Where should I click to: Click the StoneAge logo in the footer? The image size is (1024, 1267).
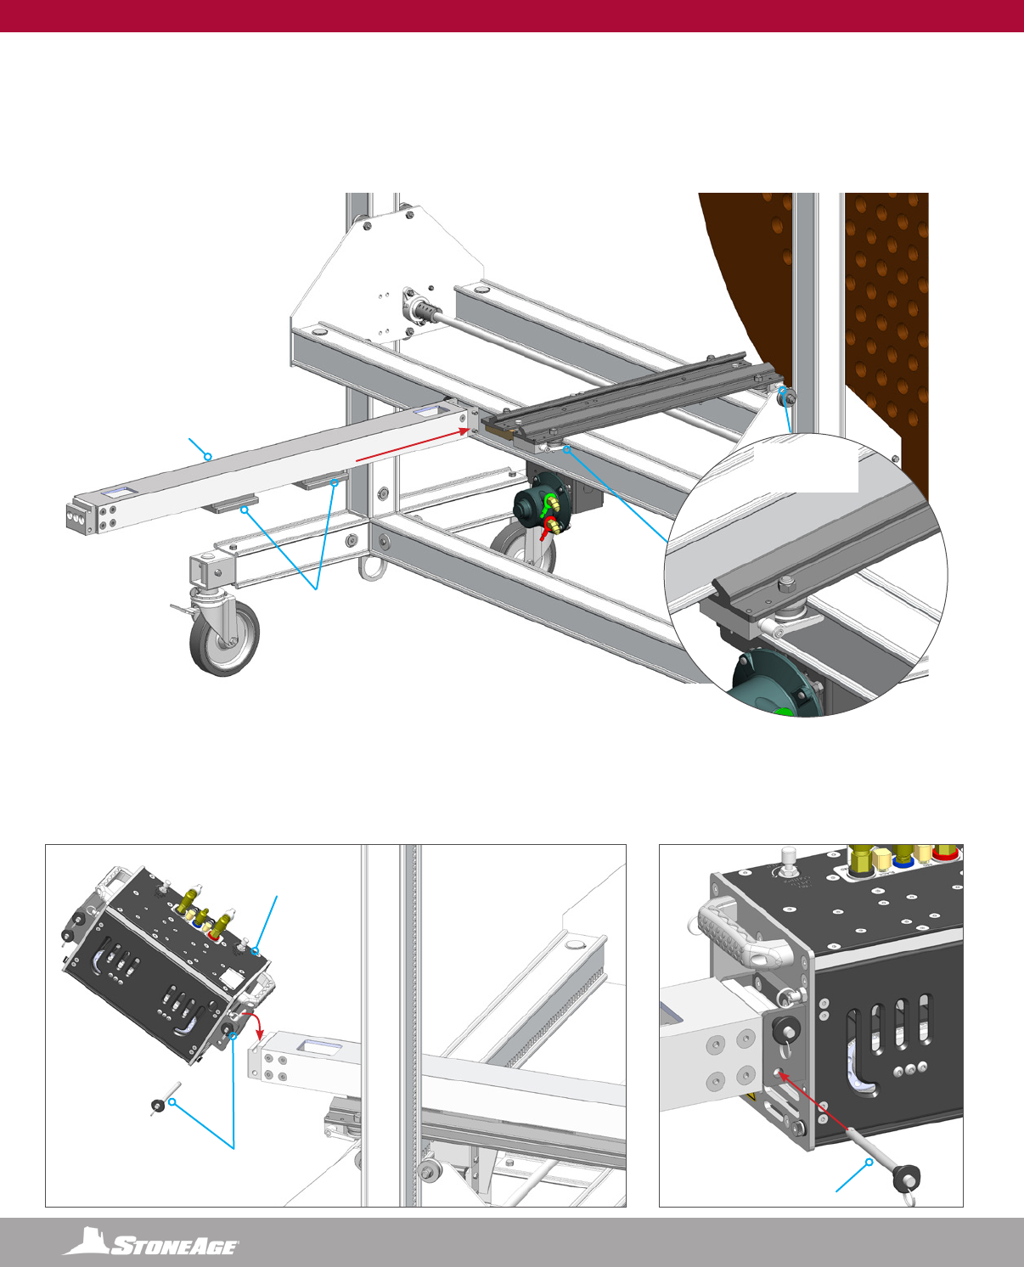tap(151, 1241)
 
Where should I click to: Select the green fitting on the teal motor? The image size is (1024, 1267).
tap(551, 504)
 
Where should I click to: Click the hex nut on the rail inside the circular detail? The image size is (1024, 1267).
tap(786, 585)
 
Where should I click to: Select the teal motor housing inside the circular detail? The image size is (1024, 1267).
tap(777, 683)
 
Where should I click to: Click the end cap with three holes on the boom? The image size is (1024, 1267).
tap(80, 516)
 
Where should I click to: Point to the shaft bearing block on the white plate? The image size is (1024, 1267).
tap(419, 310)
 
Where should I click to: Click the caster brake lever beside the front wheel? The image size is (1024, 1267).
tap(181, 611)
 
